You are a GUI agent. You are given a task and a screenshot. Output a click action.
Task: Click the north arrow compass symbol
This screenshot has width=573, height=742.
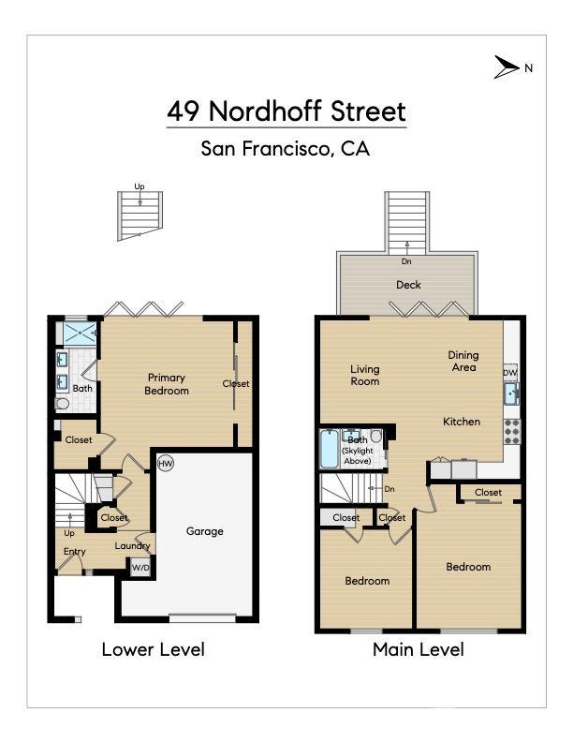click(507, 67)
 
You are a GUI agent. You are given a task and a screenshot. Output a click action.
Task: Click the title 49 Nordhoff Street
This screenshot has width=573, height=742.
click(286, 111)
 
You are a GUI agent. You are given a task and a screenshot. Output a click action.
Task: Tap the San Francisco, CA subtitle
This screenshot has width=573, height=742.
click(286, 148)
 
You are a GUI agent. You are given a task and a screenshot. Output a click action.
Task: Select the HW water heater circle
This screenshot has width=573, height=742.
click(166, 463)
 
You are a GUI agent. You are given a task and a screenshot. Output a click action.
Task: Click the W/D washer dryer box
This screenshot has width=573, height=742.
click(140, 568)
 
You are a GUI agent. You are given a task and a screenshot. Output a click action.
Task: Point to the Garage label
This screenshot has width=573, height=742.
click(204, 531)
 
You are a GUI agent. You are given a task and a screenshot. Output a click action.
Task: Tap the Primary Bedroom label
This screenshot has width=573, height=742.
click(168, 384)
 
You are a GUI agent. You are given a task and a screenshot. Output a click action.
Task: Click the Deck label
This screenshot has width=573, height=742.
click(408, 285)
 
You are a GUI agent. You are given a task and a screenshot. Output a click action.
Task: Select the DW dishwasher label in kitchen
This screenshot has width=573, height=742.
click(509, 373)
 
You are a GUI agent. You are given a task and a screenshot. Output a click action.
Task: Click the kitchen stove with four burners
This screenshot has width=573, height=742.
click(512, 430)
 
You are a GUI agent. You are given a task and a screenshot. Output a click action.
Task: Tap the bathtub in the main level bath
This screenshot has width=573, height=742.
click(330, 449)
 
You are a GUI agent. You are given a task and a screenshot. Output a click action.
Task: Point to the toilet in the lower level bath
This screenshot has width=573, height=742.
click(63, 404)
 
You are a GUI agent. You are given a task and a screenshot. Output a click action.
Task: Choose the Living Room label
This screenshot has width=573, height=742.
click(365, 375)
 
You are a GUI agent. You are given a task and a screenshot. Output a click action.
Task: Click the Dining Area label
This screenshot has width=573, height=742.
click(463, 361)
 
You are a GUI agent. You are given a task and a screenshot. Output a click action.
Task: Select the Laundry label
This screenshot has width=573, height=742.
click(133, 546)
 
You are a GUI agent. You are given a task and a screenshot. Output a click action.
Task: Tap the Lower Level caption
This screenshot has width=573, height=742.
click(153, 649)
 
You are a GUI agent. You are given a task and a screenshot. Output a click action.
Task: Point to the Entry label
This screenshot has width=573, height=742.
click(75, 552)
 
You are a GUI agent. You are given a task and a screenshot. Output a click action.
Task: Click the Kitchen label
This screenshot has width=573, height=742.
click(462, 422)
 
